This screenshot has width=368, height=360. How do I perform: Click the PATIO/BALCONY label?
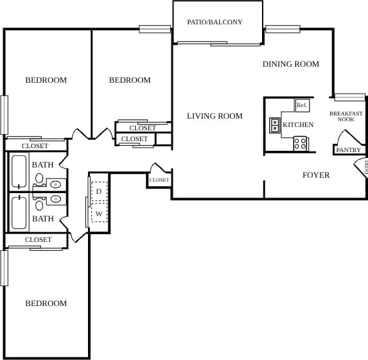point(215,22)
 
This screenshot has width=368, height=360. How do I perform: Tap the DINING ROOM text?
point(290,64)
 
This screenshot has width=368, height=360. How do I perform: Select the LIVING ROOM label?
point(215,116)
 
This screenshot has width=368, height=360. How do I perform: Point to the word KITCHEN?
point(298,124)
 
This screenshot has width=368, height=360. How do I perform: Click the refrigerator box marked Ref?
point(302,105)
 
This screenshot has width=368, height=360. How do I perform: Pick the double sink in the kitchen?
point(275,125)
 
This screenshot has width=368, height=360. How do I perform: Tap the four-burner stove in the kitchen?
point(301,144)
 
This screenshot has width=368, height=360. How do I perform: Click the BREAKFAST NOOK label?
point(346,116)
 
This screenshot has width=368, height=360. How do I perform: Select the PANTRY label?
point(348,150)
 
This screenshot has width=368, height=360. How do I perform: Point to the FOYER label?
point(316,175)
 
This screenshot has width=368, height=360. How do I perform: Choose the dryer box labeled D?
point(99,191)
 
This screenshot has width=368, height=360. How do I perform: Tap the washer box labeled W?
point(99,213)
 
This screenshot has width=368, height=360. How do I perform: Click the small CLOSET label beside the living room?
point(159,180)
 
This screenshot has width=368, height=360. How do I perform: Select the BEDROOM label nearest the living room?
point(130,80)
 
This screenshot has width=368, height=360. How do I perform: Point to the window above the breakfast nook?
point(349,98)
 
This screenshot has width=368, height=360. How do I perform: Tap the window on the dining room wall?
point(283,29)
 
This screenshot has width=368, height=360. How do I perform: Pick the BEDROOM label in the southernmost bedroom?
point(46,304)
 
